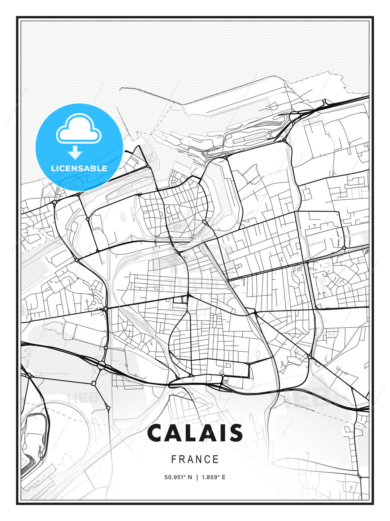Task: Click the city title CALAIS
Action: [x=195, y=433]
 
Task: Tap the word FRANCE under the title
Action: [x=195, y=459]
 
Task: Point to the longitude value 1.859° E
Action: [x=213, y=477]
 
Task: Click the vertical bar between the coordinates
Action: [x=197, y=477]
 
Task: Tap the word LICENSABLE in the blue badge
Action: [x=79, y=168]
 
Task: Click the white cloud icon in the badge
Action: [x=79, y=128]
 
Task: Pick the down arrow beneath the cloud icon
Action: [x=75, y=152]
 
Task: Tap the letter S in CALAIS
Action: [x=235, y=433]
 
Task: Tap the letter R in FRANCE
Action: [x=182, y=459]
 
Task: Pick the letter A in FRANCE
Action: [x=191, y=459]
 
